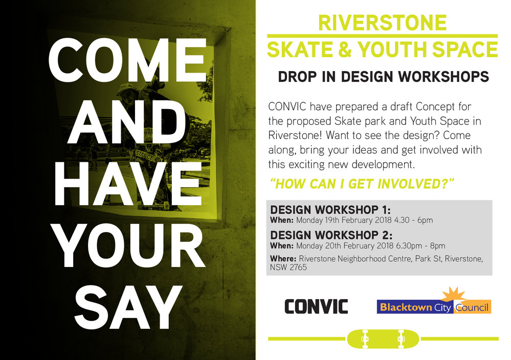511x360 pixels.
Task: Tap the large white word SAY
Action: (x=128, y=308)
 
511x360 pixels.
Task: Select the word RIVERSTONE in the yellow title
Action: (x=382, y=23)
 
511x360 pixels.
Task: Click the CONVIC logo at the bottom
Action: (x=316, y=306)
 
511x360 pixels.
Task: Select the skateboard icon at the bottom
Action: (x=383, y=339)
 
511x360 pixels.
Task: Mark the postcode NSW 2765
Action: (x=288, y=267)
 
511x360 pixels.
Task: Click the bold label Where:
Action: (x=282, y=259)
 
